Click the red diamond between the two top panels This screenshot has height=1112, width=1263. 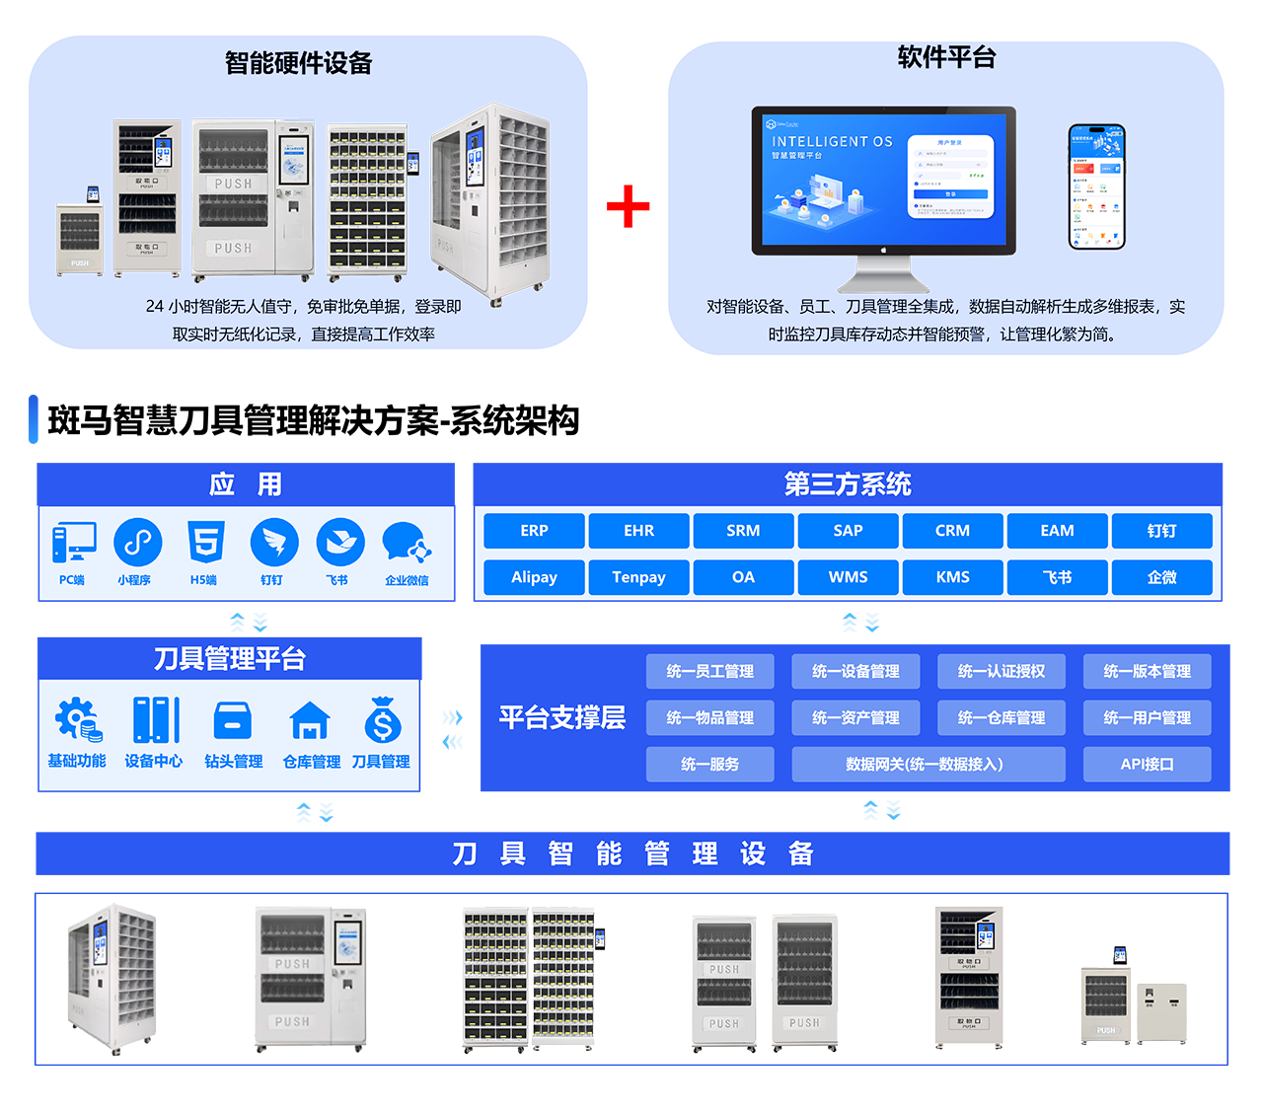tap(628, 206)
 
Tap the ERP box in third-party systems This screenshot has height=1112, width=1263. tap(534, 531)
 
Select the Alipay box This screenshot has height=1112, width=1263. tap(534, 577)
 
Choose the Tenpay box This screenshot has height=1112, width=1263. tap(638, 577)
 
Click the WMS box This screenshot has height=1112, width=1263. tap(848, 577)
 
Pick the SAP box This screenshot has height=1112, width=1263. tap(848, 531)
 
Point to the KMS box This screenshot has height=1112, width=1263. tap(952, 577)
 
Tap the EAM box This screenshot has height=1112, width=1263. tap(1057, 531)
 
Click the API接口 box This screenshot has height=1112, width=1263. tap(1147, 765)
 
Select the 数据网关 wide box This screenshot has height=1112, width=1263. tap(928, 765)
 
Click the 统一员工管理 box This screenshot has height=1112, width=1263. tap(709, 672)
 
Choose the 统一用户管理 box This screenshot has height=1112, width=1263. tap(1147, 718)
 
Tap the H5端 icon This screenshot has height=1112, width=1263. tap(205, 543)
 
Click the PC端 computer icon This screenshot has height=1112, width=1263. tap(74, 543)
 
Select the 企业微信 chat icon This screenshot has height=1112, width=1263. tap(407, 544)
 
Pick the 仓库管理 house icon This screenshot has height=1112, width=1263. tap(310, 721)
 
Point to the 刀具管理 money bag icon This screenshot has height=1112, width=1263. tap(382, 720)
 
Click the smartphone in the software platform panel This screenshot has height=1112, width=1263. tap(1096, 186)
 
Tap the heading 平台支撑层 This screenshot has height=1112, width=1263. tap(561, 717)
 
